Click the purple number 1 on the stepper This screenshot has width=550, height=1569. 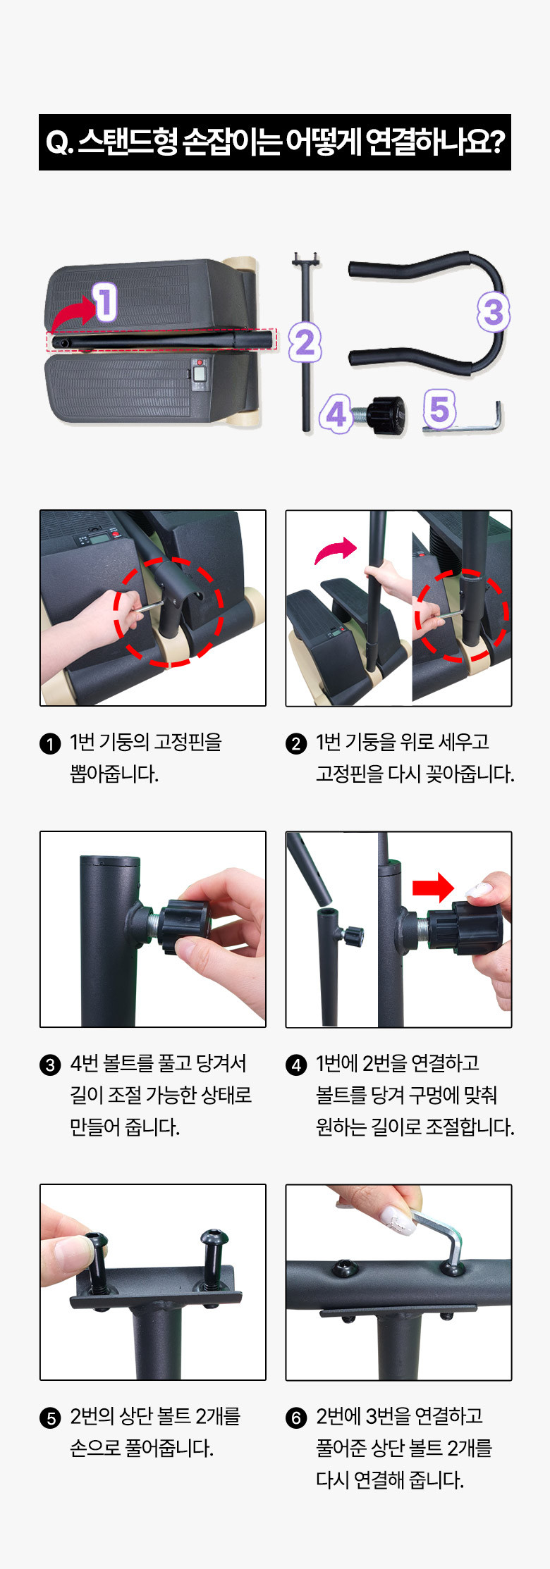click(105, 302)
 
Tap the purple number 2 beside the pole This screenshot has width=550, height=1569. click(305, 343)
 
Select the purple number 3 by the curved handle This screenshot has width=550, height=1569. click(494, 312)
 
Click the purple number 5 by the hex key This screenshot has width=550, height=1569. click(439, 409)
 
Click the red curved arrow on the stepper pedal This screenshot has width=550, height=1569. click(73, 313)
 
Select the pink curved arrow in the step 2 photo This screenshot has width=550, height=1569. click(336, 549)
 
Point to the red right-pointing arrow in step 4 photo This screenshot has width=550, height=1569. click(433, 888)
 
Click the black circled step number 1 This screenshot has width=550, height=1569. click(50, 744)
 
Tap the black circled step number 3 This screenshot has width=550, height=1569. click(50, 1065)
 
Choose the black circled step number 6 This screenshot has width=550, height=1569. click(296, 1418)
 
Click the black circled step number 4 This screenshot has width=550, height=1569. click(296, 1065)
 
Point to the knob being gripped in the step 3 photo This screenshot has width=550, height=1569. click(185, 925)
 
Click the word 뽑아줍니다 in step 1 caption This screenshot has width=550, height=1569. click(114, 774)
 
